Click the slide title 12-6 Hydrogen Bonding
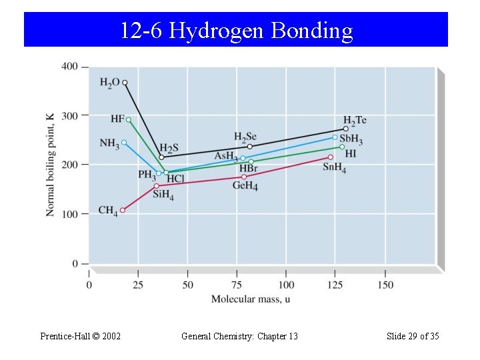[236, 31]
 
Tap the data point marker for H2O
[125, 83]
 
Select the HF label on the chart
[117, 119]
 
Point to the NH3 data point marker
[124, 142]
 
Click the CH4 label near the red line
[107, 211]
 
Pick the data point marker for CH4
[122, 211]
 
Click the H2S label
[169, 148]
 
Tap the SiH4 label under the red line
[163, 195]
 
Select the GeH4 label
[245, 186]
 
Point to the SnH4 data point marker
[330, 157]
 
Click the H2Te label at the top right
[355, 120]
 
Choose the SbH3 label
[351, 141]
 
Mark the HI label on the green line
[351, 153]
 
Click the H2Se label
[245, 137]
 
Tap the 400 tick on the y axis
[70, 67]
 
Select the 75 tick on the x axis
[237, 285]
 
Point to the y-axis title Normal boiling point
[51, 164]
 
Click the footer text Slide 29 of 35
[413, 336]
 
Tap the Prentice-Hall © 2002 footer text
[81, 336]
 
